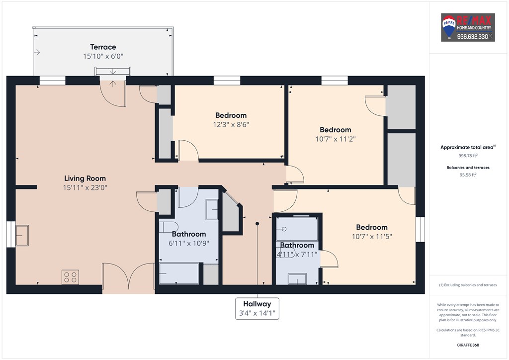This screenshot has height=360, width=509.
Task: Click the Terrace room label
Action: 103,47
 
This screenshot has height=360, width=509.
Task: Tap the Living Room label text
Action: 85,178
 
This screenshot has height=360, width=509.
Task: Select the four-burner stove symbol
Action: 71,277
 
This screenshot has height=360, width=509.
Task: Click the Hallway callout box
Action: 257,308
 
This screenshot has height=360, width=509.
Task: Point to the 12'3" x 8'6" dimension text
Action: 231,124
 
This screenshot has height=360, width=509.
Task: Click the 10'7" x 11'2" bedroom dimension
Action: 336,139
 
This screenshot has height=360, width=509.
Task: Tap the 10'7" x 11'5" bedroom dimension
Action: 372,236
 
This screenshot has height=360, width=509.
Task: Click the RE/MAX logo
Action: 468,27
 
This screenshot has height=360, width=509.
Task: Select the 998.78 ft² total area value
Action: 468,156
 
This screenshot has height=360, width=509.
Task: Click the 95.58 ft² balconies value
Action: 468,175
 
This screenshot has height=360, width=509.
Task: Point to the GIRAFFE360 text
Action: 468,345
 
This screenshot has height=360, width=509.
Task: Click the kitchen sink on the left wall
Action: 22,235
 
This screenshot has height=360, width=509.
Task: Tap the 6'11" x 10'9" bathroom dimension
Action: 189,243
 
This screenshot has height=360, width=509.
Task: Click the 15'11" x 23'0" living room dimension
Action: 85,187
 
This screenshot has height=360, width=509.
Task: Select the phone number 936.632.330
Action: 473,37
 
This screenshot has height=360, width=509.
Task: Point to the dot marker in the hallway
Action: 257,224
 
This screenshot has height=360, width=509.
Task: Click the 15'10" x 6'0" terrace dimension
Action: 103,56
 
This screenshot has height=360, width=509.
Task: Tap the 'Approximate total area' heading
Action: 467,147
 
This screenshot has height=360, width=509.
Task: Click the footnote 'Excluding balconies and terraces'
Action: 468,285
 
